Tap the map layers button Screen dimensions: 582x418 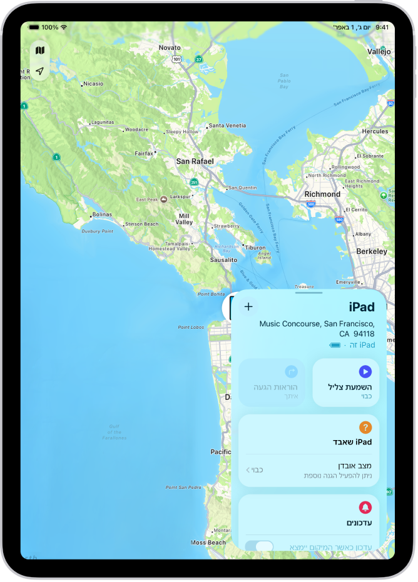[40, 51]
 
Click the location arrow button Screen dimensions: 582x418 [40, 71]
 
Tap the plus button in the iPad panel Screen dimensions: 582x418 [248, 306]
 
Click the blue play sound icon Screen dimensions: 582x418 [365, 372]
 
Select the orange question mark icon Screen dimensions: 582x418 [365, 428]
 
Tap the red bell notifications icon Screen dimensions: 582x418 [365, 507]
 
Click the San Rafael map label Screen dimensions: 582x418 [195, 161]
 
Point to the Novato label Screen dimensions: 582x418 [169, 48]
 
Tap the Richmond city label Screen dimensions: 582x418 [322, 194]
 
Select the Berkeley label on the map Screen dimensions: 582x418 [371, 251]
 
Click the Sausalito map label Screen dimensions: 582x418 [223, 259]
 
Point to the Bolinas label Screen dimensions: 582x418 [101, 215]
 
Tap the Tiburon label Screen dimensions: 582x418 [255, 247]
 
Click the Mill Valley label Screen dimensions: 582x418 [184, 218]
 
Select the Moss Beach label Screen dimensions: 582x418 [208, 542]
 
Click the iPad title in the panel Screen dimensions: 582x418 [362, 307]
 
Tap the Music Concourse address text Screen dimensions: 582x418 [317, 328]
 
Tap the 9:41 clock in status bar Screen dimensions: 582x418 [382, 28]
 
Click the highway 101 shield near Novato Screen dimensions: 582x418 [177, 60]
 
